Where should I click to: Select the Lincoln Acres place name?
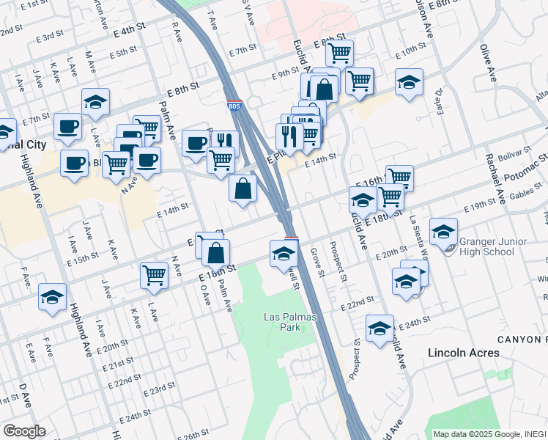click(x=464, y=353)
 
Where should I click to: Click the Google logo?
click(x=23, y=431)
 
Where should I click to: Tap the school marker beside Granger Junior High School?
click(x=443, y=232)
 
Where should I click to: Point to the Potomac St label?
click(x=530, y=168)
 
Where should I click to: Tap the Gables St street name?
click(x=526, y=194)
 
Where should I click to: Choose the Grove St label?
click(x=316, y=262)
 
